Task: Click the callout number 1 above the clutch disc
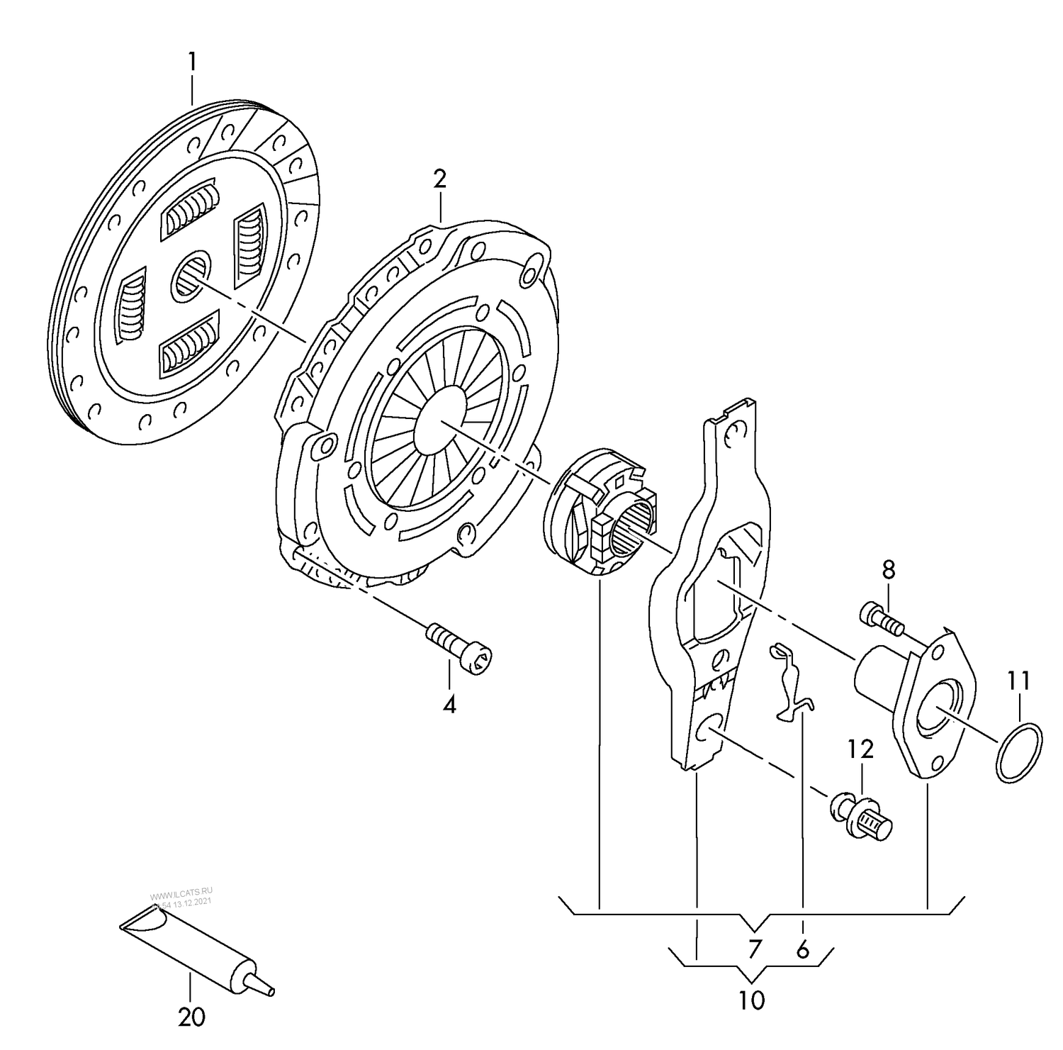click(191, 62)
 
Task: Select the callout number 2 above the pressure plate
click(440, 179)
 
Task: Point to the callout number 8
click(889, 569)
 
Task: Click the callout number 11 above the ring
click(1018, 681)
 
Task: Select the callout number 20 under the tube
click(191, 1017)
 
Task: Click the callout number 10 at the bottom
click(751, 1000)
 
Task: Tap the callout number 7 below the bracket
click(754, 949)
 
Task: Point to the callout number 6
click(802, 949)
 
